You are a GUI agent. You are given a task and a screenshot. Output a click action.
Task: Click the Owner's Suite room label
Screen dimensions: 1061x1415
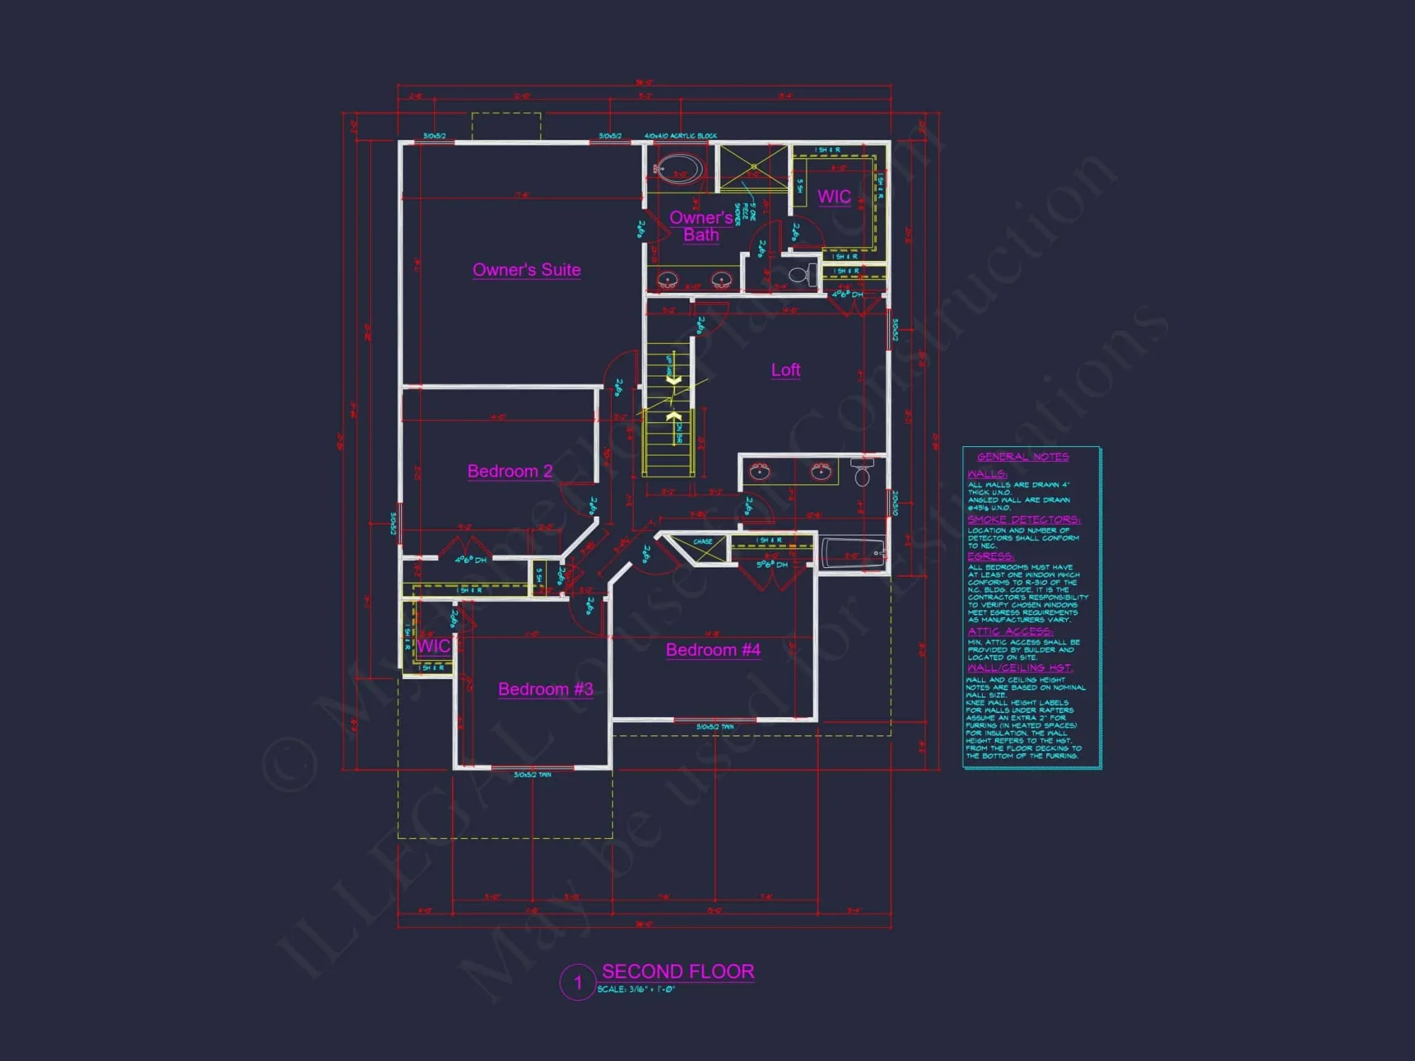(526, 269)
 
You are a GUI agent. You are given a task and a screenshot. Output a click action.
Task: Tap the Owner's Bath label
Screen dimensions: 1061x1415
(700, 226)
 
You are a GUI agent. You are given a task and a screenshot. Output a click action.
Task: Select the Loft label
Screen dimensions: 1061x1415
(785, 370)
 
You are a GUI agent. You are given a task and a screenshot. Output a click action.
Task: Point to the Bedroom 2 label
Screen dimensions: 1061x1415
(509, 471)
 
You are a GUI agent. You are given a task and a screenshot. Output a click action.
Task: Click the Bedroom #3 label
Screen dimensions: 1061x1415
(545, 689)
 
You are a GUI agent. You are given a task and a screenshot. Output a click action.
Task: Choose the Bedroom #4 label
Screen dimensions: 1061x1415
(712, 650)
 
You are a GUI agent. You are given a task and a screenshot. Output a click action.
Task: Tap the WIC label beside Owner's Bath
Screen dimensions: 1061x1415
(834, 197)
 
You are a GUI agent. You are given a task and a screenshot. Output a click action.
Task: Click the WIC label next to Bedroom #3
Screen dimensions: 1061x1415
(433, 646)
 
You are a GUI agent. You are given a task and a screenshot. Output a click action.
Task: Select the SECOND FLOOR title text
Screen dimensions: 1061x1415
(678, 971)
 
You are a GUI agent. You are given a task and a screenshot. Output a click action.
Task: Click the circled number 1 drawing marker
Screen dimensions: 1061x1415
(577, 982)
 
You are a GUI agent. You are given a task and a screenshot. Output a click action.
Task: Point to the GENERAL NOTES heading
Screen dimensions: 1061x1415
(1022, 457)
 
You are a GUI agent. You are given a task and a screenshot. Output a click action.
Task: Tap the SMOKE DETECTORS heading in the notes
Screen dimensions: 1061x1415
(1023, 520)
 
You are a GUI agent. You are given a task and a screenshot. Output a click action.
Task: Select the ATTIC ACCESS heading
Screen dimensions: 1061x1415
(1010, 631)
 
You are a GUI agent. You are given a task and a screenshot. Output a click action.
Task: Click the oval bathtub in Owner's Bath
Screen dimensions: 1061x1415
(678, 170)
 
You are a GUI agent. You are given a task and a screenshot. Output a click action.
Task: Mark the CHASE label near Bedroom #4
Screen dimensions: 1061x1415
(703, 542)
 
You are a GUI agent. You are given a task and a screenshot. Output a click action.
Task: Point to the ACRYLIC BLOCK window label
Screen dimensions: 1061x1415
(680, 136)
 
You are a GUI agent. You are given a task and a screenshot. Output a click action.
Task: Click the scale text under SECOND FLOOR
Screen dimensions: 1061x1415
(636, 990)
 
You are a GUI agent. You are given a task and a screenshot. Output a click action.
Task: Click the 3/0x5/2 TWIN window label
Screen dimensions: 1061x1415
(532, 775)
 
